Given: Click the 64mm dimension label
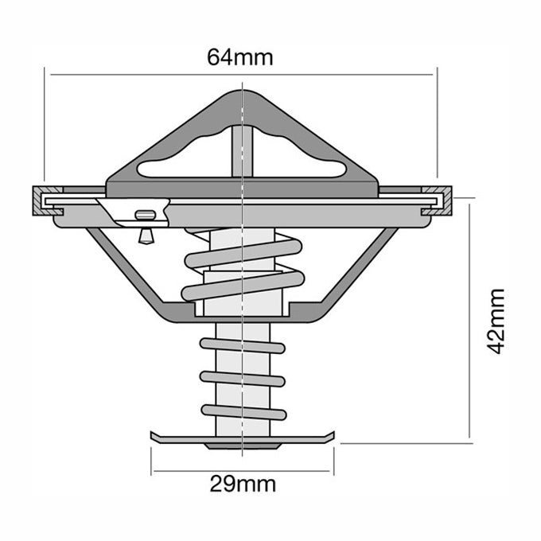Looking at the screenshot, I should pos(239,57).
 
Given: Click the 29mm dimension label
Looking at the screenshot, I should pos(243,484).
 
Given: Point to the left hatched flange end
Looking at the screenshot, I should pos(39,202).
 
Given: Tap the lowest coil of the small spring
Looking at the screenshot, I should pos(243,411).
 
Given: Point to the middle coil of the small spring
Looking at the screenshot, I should pos(243,378).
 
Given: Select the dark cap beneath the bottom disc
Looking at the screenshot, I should pos(241,446).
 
